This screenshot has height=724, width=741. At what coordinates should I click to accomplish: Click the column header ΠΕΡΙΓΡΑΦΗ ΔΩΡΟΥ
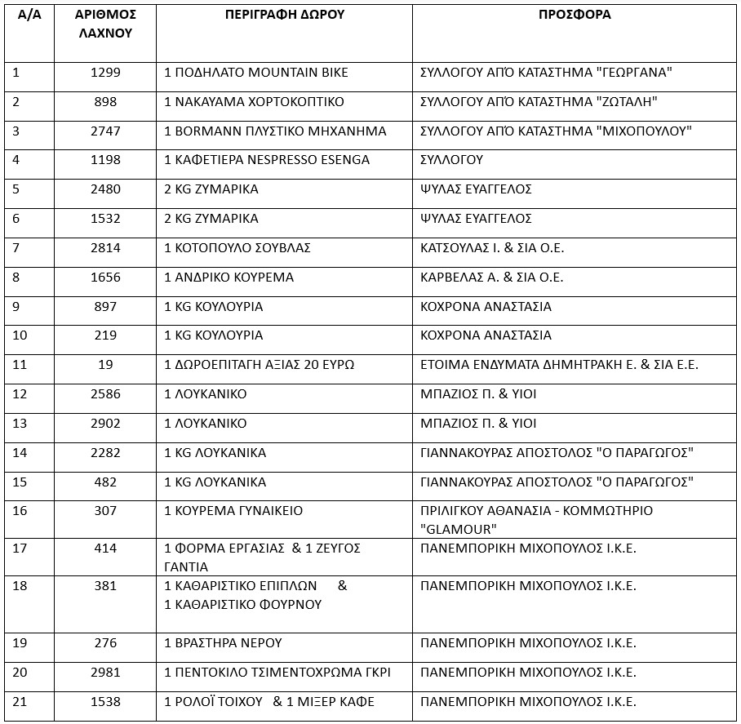tap(284, 15)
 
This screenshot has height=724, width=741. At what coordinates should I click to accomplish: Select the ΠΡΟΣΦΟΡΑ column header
tap(575, 15)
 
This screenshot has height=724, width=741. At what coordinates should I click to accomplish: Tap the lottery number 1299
tap(105, 73)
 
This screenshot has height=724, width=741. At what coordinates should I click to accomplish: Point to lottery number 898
tap(105, 102)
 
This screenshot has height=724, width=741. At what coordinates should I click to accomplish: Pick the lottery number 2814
tap(105, 248)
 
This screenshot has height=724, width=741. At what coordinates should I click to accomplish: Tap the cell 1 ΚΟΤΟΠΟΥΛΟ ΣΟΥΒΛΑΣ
tap(237, 248)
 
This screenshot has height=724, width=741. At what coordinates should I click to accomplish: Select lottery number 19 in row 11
tap(105, 365)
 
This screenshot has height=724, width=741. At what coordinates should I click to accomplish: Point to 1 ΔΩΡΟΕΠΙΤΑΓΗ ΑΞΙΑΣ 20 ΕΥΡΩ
tap(259, 365)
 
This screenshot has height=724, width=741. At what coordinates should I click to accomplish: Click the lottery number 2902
tap(105, 424)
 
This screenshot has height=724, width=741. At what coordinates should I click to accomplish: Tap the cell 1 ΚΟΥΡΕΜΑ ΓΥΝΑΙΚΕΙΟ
tap(233, 511)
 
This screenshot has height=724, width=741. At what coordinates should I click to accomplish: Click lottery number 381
tap(105, 586)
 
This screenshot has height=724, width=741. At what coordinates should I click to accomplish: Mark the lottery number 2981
tap(105, 673)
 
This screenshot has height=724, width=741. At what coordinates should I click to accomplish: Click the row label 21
tap(20, 702)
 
